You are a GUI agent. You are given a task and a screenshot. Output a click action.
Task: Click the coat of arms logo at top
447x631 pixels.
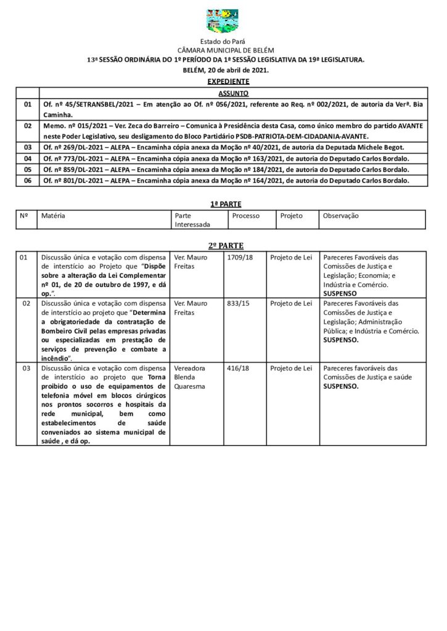coord(223,20)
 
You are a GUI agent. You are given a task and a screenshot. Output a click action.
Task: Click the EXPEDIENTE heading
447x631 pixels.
coord(228,81)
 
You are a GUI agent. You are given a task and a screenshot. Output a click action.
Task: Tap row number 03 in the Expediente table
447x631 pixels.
coord(27,147)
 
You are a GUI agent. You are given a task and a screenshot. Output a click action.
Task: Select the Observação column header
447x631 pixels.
coord(340,216)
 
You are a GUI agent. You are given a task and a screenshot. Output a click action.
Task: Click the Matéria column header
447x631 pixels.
coord(53,216)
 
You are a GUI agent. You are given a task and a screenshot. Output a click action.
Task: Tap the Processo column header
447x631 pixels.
coord(246,216)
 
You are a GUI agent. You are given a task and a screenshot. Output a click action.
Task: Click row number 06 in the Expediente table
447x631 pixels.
coord(27,181)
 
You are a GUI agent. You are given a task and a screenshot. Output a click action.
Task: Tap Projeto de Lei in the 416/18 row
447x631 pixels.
coord(291,368)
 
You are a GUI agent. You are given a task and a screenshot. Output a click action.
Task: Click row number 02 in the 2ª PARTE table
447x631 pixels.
coord(26,303)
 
